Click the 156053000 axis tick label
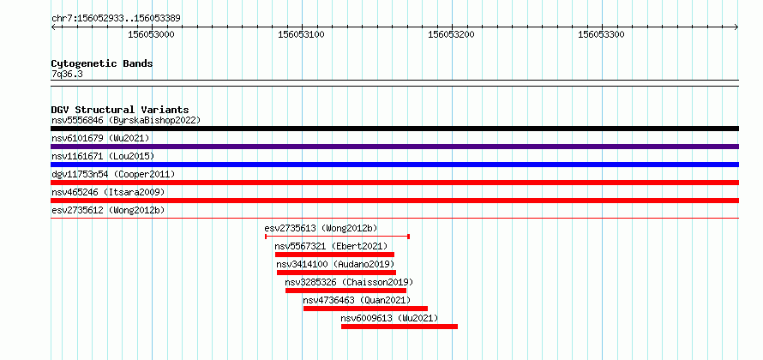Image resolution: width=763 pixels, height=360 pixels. point(151,34)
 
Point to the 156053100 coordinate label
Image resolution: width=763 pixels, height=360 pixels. point(301,34)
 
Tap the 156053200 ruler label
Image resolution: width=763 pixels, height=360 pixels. point(452,34)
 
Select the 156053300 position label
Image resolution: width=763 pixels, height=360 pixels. point(602,34)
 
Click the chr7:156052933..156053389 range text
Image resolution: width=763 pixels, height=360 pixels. point(117,19)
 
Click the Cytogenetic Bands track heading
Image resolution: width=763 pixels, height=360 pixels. point(102,63)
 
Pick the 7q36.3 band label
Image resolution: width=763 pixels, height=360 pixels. point(68,74)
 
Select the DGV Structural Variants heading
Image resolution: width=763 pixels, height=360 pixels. point(120,110)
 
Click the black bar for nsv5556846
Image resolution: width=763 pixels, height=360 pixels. point(394,129)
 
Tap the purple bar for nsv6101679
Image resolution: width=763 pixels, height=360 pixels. point(394,147)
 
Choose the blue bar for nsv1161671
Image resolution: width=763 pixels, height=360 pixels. point(394,165)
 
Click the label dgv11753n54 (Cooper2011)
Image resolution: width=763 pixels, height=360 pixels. point(113,174)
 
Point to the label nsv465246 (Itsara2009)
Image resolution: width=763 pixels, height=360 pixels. point(108,192)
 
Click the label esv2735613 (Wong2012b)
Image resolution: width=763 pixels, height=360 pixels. point(321,228)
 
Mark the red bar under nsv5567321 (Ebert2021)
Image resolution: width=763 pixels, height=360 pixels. point(335,255)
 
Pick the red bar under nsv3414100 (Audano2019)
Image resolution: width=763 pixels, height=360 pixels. point(336,273)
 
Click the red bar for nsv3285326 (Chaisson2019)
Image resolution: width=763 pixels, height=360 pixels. point(346,291)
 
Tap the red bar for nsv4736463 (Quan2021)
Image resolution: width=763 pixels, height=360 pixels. point(365,309)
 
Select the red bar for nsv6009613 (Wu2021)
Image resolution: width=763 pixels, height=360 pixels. point(400,327)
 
